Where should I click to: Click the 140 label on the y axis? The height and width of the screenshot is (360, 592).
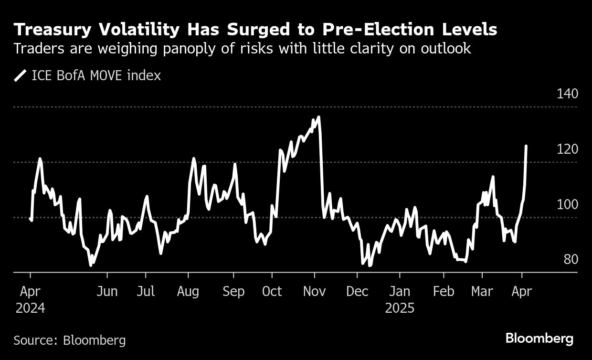(x=568, y=94)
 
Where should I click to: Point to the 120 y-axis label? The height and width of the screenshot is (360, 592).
(x=568, y=149)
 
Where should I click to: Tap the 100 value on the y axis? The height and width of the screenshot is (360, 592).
(x=568, y=204)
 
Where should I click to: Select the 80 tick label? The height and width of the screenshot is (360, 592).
(x=571, y=260)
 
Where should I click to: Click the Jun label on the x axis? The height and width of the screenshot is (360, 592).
(x=107, y=292)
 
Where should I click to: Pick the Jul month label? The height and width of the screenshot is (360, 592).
(x=146, y=292)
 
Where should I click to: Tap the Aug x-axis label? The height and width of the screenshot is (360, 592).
(x=188, y=292)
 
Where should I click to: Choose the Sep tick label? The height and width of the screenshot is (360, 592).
(x=233, y=292)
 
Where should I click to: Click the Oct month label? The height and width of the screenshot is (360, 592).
(x=272, y=292)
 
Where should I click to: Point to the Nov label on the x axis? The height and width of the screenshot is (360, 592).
(x=315, y=292)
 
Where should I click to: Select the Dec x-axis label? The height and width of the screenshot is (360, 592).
(x=357, y=292)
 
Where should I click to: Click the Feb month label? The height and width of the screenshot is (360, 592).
(x=444, y=292)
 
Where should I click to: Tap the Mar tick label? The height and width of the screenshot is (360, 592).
(x=482, y=292)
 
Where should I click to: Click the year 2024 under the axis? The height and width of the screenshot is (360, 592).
(x=30, y=308)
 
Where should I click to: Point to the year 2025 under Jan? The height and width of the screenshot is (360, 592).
(x=400, y=308)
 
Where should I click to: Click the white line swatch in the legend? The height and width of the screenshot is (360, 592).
(x=21, y=75)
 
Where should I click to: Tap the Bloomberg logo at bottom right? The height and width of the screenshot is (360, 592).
(x=539, y=339)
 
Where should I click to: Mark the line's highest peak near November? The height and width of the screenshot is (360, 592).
(x=318, y=117)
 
